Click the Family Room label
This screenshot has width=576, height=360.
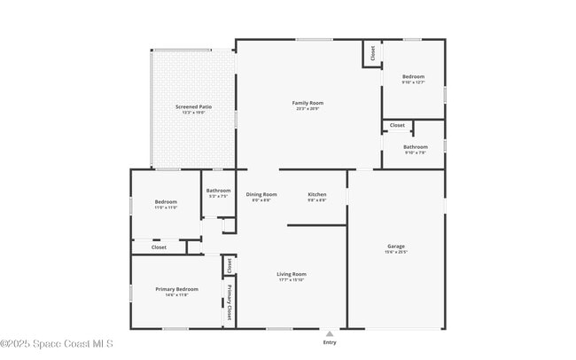tap(307, 103)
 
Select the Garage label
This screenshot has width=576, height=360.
tap(396, 246)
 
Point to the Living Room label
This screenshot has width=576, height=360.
tap(292, 274)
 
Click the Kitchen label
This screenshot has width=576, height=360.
tap(317, 194)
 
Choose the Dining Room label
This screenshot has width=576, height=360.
tap(261, 194)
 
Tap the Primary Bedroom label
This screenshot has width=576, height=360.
tap(177, 289)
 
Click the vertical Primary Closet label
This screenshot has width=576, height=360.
tap(229, 301)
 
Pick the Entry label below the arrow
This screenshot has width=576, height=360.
tap(330, 341)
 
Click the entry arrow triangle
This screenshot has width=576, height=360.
tap(330, 333)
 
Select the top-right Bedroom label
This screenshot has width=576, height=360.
tap(414, 76)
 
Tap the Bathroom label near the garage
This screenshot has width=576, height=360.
tap(416, 146)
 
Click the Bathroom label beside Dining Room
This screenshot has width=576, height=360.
tap(218, 190)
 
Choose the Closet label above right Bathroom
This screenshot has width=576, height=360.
tap(397, 125)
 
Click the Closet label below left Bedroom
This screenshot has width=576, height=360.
tap(159, 247)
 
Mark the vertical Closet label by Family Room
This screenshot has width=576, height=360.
tap(372, 52)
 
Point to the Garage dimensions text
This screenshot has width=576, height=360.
tap(396, 252)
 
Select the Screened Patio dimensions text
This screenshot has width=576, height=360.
tap(193, 113)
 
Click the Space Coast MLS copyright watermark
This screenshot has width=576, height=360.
tap(57, 344)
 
